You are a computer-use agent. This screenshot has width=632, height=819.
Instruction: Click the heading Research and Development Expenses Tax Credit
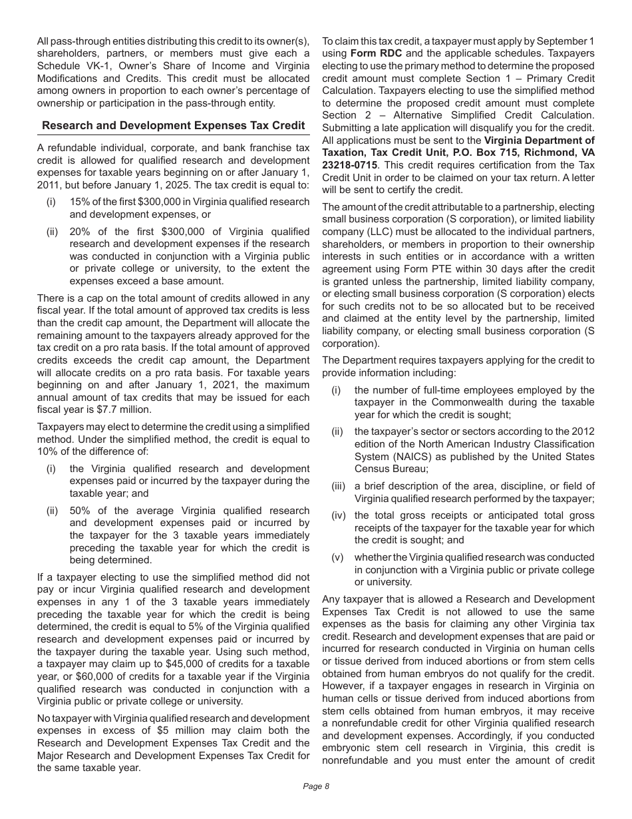(173, 125)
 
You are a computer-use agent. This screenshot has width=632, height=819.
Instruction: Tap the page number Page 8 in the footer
(316, 786)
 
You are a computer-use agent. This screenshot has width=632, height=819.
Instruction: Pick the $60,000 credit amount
(73, 677)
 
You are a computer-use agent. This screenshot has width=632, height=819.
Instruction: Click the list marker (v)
(339, 557)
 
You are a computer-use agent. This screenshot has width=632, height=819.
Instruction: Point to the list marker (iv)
(339, 515)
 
